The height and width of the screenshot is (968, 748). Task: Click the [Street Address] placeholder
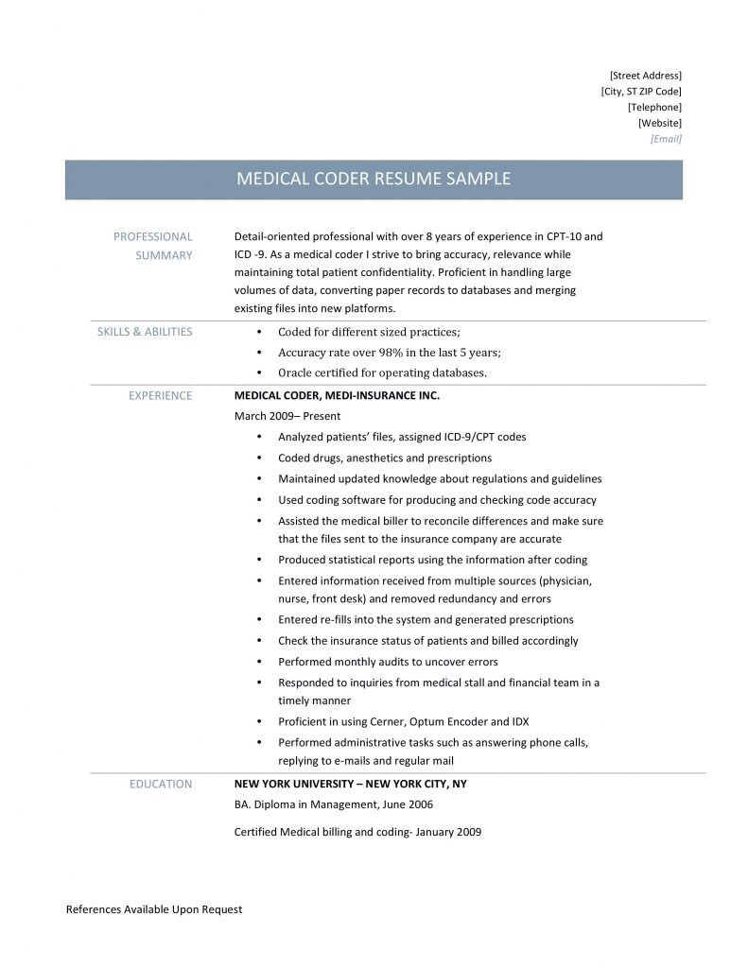645,75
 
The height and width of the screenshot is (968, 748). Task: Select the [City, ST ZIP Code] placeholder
640,91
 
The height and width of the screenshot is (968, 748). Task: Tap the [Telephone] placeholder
654,107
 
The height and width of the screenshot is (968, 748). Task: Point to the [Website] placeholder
659,123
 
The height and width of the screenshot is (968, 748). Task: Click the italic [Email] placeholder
666,139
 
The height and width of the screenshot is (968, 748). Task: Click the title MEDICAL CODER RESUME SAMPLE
373,179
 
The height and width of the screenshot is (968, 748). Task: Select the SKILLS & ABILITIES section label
145,332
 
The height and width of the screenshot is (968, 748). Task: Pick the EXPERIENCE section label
160,396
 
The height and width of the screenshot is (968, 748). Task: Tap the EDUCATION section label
161,784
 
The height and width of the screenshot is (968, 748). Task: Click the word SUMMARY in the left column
165,255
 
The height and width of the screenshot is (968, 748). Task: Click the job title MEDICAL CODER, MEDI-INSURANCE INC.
337,396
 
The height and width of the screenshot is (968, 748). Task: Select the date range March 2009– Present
287,416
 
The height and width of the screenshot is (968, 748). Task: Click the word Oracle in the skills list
295,372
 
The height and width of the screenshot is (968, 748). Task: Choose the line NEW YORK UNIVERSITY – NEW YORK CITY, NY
350,784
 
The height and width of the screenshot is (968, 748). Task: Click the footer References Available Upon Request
154,909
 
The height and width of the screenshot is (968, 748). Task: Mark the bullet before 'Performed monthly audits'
259,662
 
